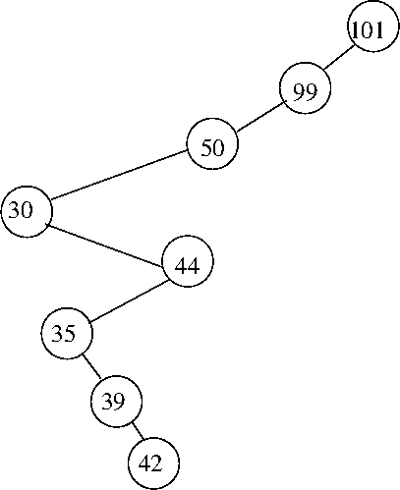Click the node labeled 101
(373, 27)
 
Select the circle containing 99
(306, 88)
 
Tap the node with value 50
(212, 143)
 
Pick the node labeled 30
(27, 212)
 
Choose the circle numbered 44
(188, 261)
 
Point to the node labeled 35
(67, 333)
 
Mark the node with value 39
(116, 402)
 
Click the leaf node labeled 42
(153, 463)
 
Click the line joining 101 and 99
(339, 57)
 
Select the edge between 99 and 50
(259, 117)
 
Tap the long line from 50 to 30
(119, 175)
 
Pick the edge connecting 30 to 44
(104, 245)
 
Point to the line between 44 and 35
(130, 300)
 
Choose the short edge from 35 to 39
(91, 367)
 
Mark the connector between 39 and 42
(138, 431)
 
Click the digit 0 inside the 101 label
(367, 30)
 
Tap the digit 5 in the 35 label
(70, 334)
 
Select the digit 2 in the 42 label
(156, 463)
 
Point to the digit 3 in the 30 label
(15, 209)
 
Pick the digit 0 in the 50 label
(218, 147)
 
